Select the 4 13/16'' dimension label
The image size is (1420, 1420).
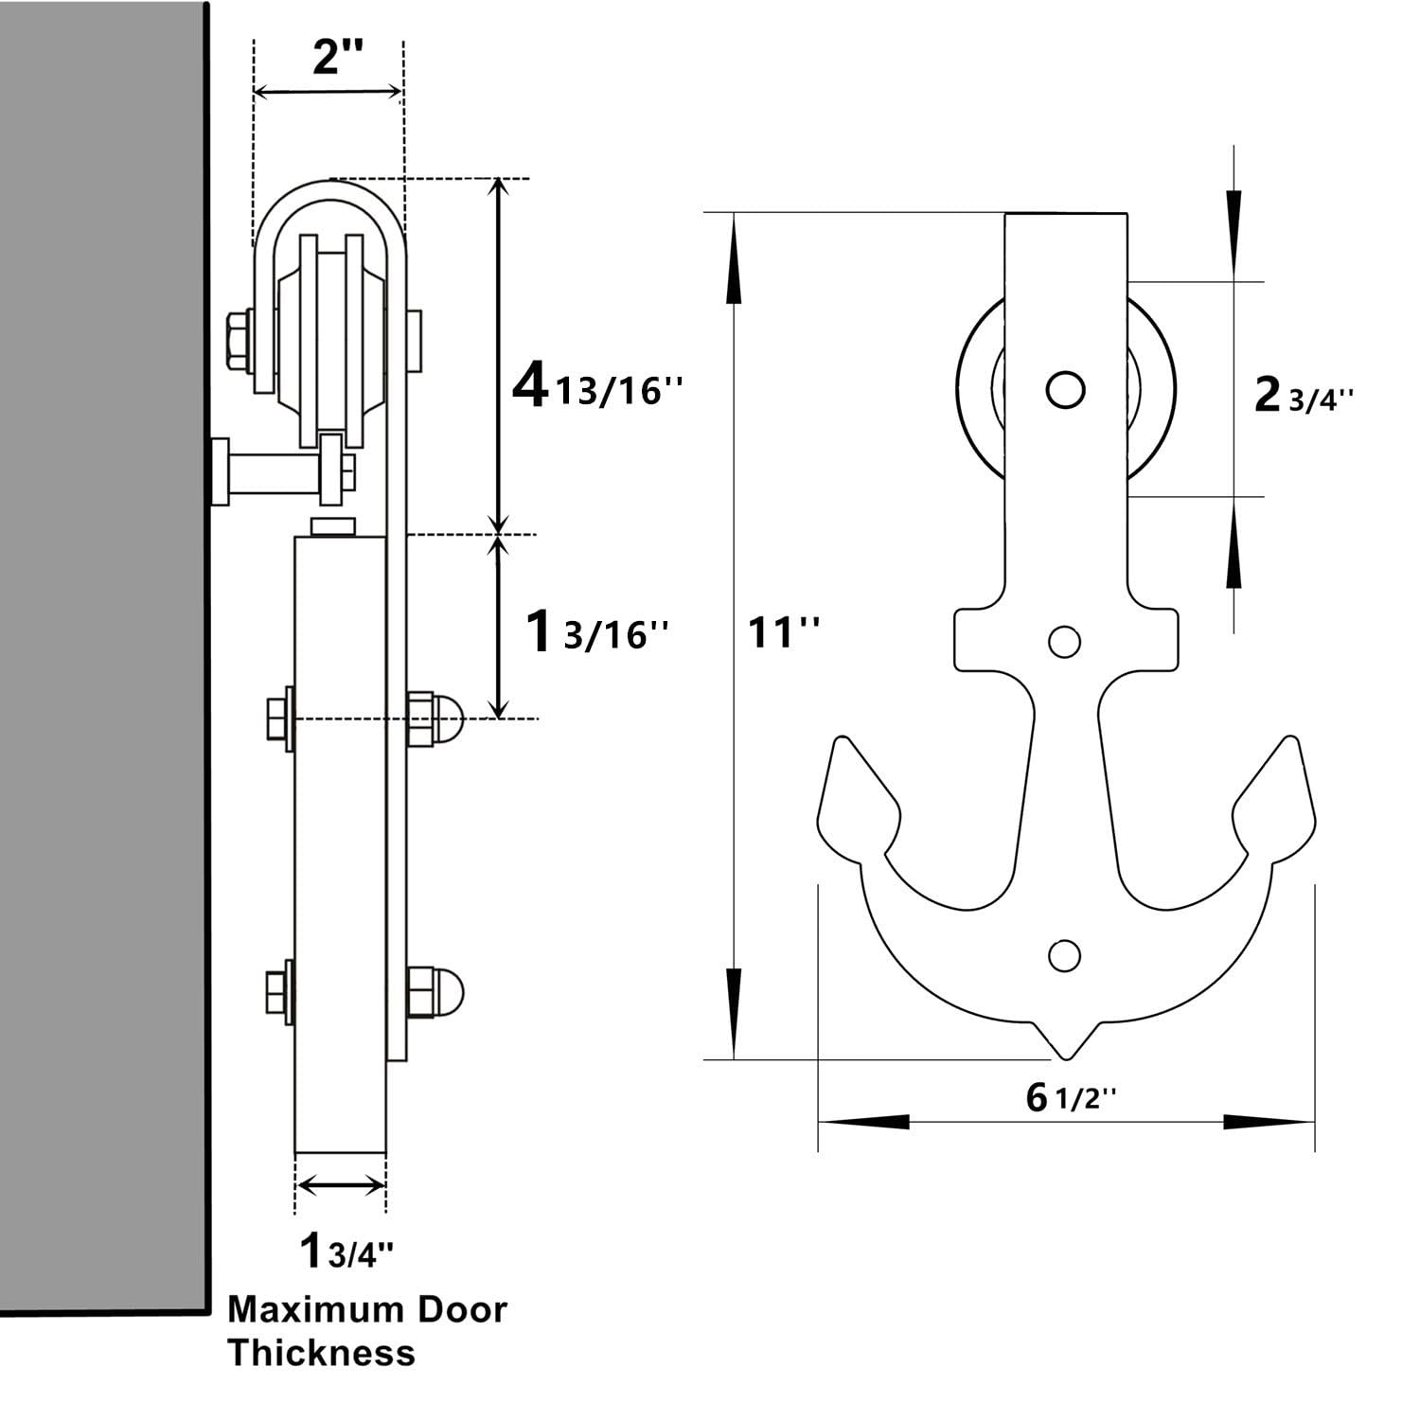(596, 388)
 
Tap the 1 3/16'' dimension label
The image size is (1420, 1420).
(596, 632)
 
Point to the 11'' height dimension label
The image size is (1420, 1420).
(784, 631)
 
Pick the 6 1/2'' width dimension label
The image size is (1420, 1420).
(1071, 1098)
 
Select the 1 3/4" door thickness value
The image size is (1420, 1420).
(346, 1251)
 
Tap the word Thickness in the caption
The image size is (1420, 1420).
(321, 1353)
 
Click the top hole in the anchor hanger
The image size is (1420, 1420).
(1065, 389)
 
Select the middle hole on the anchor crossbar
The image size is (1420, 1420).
(1065, 642)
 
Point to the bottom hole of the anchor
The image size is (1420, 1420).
(1064, 955)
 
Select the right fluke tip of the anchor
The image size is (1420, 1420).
(1290, 740)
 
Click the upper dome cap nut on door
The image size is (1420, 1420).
(436, 719)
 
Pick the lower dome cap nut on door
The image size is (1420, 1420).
(436, 990)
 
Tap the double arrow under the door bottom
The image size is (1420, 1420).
(341, 1184)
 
